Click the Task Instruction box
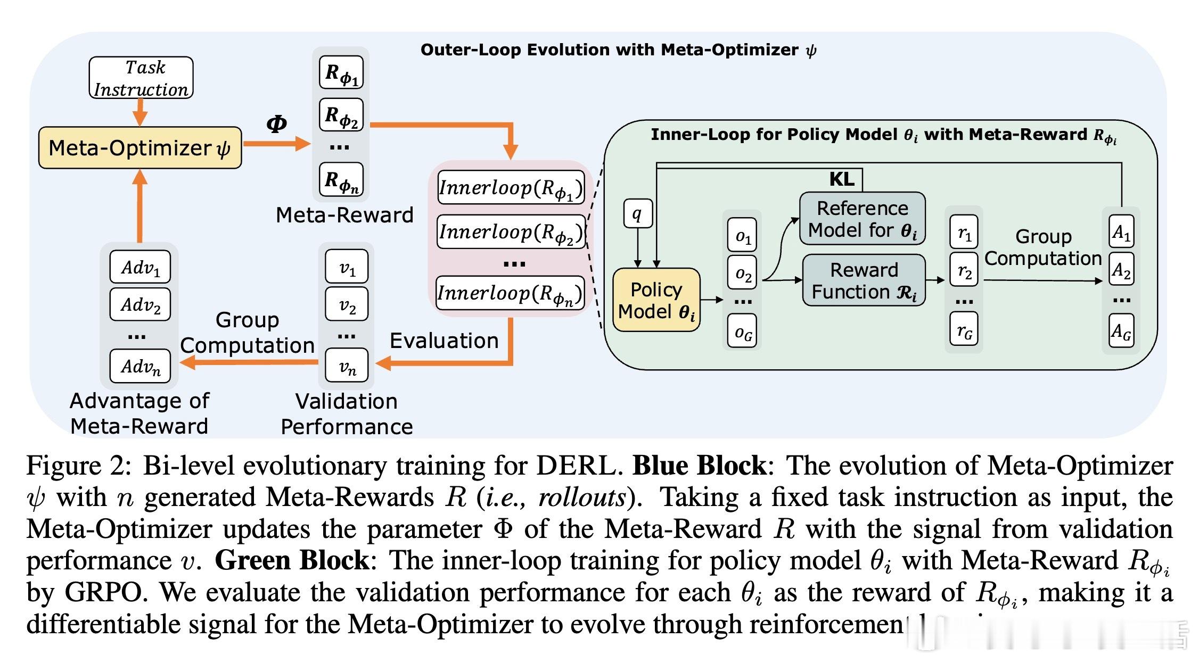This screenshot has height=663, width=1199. pyautogui.click(x=141, y=78)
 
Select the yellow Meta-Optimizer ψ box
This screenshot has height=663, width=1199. pyautogui.click(x=140, y=148)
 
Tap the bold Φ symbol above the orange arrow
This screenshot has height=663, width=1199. pyautogui.click(x=276, y=124)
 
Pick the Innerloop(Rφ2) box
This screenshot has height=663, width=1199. pyautogui.click(x=511, y=232)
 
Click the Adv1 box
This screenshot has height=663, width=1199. pyautogui.click(x=140, y=267)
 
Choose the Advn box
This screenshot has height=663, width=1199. pyautogui.click(x=140, y=366)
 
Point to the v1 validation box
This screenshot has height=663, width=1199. pyautogui.click(x=347, y=267)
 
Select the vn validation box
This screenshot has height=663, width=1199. pyautogui.click(x=347, y=366)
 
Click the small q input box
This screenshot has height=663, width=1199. pyautogui.click(x=637, y=213)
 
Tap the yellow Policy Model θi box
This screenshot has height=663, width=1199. pyautogui.click(x=656, y=301)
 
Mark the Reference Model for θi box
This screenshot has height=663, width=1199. pyautogui.click(x=863, y=219)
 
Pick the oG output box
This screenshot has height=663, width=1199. pyautogui.click(x=743, y=333)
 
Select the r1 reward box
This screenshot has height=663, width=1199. pyautogui.click(x=964, y=233)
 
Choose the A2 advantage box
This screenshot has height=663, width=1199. pyautogui.click(x=1121, y=270)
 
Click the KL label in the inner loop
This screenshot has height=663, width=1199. pyautogui.click(x=842, y=179)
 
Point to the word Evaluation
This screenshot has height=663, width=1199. pyautogui.click(x=444, y=341)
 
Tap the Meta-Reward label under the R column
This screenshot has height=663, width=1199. pyautogui.click(x=344, y=215)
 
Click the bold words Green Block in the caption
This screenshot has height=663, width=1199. pyautogui.click(x=292, y=560)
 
